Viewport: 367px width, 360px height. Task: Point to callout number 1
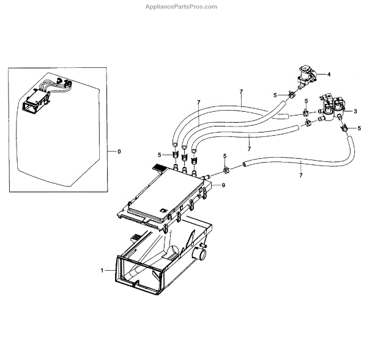(103, 269)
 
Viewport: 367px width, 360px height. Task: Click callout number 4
(329, 74)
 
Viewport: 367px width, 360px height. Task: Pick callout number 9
(223, 185)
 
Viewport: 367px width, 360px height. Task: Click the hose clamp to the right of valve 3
(345, 128)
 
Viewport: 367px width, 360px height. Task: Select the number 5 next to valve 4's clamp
(275, 95)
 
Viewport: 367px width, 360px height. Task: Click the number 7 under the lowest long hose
(301, 176)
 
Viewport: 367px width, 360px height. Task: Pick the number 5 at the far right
(359, 129)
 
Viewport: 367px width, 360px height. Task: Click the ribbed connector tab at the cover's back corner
(158, 166)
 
